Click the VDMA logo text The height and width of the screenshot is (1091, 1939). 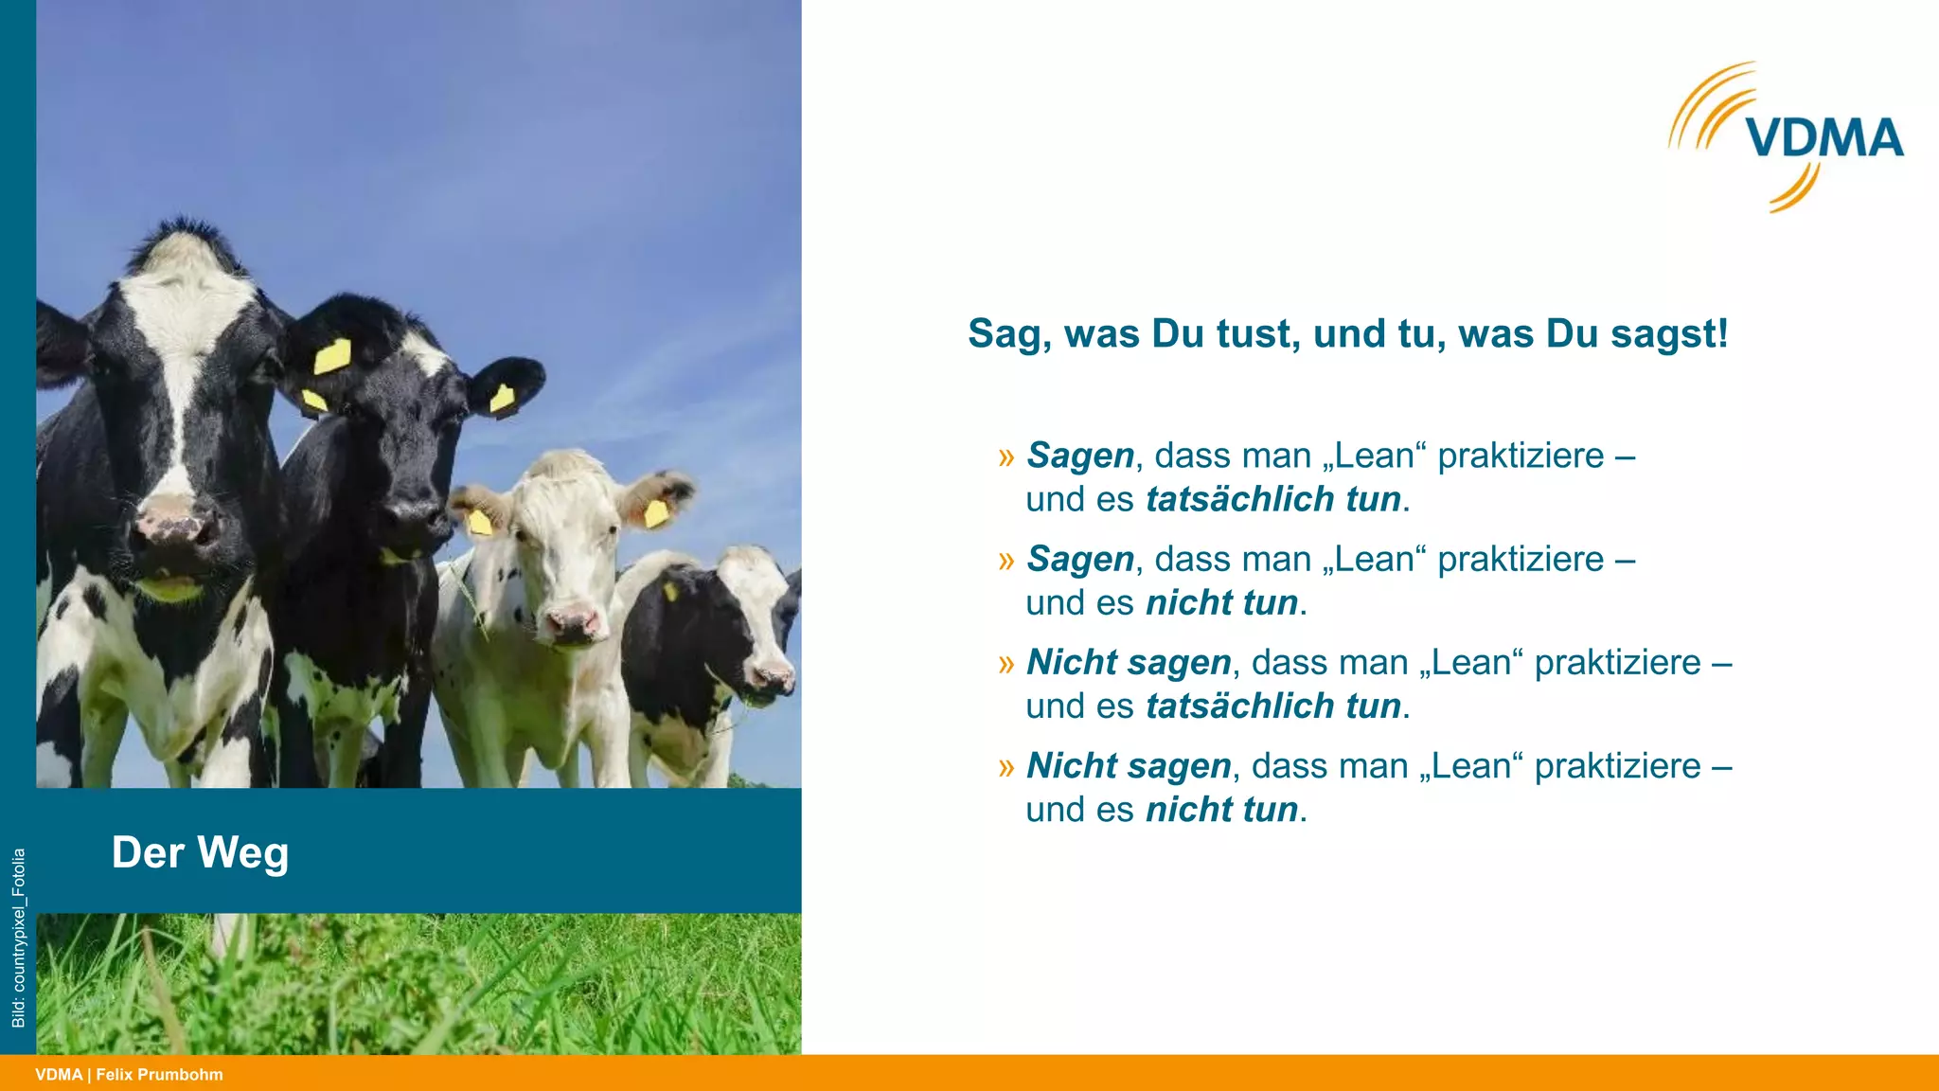tap(1824, 138)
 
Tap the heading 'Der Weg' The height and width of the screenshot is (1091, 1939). tap(200, 852)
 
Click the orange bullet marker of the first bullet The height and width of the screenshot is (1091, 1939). tap(1005, 457)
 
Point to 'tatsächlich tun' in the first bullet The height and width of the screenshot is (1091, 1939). tap(1273, 499)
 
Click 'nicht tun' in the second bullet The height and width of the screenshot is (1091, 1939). tap(1221, 602)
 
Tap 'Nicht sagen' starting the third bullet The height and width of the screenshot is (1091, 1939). tap(1129, 662)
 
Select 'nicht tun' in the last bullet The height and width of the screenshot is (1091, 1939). tap(1221, 810)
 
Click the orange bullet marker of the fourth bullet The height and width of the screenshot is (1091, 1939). tap(1005, 767)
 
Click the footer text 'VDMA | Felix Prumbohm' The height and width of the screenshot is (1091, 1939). tap(130, 1074)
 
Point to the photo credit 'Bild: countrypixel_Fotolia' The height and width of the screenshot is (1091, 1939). tap(18, 938)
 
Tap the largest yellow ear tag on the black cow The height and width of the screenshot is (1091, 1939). tap(332, 357)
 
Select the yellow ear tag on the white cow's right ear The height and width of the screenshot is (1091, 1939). tap(655, 513)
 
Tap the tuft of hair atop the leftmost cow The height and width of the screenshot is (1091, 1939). tap(180, 237)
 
